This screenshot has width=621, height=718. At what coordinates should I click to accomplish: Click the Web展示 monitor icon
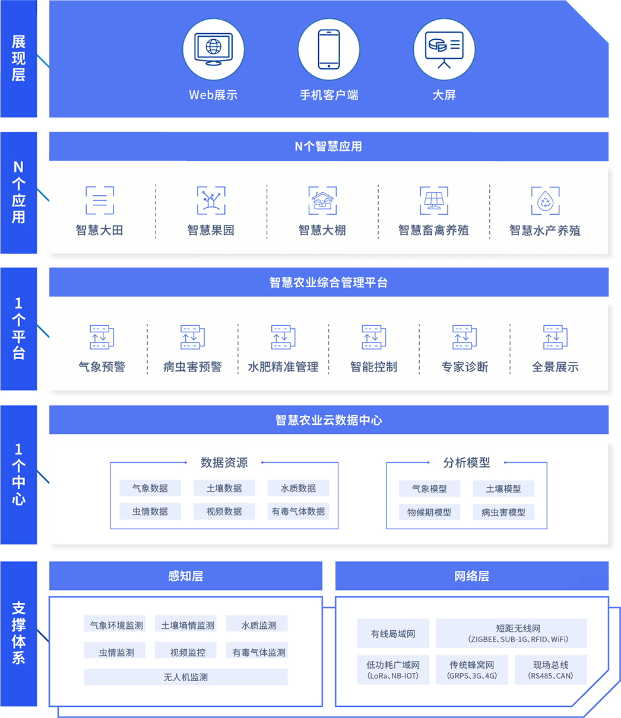[213, 49]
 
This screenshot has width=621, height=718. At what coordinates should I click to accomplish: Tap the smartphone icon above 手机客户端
[329, 49]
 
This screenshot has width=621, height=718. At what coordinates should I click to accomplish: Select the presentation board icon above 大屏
[444, 50]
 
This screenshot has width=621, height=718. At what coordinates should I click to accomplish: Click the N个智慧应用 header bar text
[328, 146]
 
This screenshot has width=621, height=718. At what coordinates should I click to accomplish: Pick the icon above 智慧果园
[211, 201]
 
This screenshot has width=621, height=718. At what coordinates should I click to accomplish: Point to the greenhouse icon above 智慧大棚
[322, 201]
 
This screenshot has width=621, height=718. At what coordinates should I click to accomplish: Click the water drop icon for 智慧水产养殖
[545, 201]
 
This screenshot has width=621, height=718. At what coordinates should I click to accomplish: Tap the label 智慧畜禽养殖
[434, 230]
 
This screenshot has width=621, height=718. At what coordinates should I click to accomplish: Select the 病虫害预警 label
[192, 367]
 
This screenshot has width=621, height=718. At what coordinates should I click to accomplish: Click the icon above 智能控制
[374, 337]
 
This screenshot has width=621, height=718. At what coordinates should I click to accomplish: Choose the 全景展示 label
[555, 367]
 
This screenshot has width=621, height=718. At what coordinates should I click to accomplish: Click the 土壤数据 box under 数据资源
[224, 488]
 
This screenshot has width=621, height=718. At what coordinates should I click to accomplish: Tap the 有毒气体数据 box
[298, 512]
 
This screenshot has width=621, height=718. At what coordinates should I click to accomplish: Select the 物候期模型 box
[429, 512]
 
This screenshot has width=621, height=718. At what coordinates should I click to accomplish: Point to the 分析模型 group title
[467, 462]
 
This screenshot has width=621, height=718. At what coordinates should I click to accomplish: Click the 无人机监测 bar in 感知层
[186, 677]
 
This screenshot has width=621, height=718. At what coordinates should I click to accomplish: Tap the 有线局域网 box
[393, 633]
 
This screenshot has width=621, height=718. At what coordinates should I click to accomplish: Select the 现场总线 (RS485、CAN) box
[551, 670]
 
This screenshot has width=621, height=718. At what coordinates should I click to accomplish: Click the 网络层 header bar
[472, 576]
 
